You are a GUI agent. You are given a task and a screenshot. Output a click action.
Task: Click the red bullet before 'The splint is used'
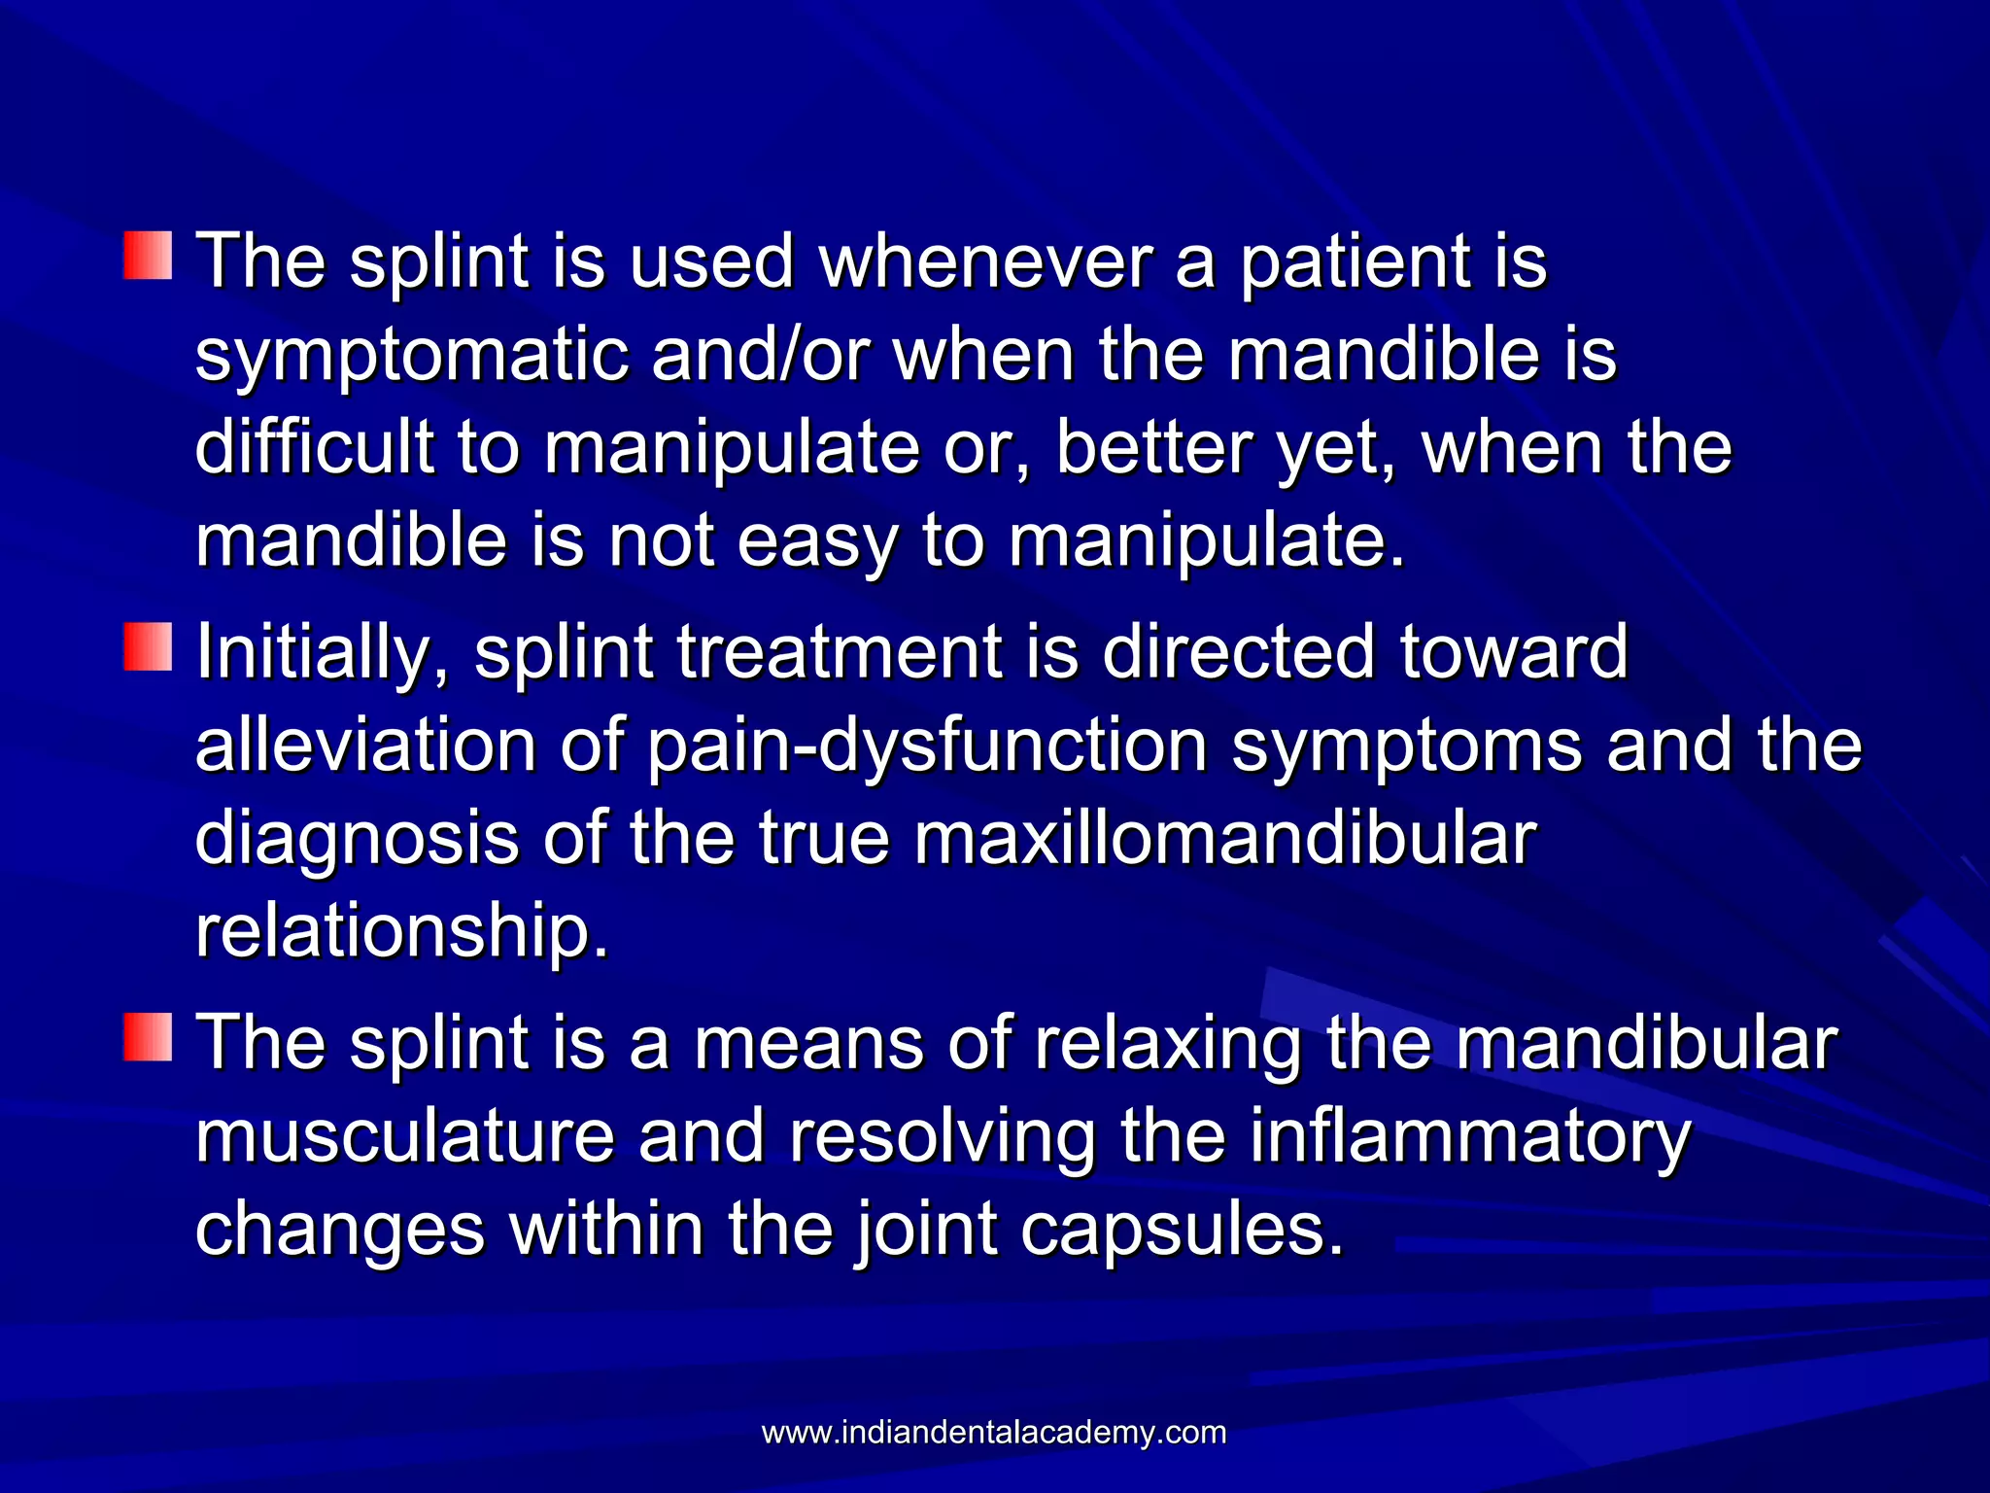point(148,256)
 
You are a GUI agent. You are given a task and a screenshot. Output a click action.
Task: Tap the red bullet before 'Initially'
point(148,646)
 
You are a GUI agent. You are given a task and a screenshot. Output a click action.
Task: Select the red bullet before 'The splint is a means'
point(148,1036)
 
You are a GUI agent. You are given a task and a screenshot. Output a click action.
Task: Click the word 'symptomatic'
point(412,358)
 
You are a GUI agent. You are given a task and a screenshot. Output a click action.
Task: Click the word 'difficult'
point(314,448)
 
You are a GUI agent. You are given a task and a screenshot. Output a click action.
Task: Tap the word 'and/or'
point(760,356)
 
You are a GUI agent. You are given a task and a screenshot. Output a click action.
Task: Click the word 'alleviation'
point(365,746)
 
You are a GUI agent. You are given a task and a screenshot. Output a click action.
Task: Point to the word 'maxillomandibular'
point(1224,838)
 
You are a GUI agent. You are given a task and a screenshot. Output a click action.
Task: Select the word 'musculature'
point(404,1137)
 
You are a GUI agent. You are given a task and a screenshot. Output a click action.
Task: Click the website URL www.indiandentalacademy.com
point(993,1433)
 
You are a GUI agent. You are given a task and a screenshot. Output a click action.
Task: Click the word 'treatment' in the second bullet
point(839,653)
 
